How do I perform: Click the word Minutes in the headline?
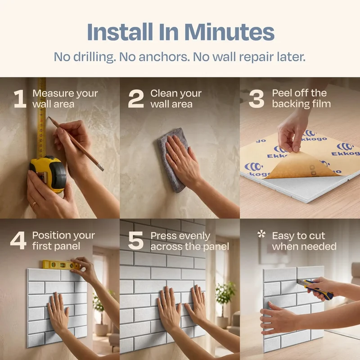[x=229, y=32]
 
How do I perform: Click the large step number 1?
[x=20, y=99]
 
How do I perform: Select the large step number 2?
[x=136, y=99]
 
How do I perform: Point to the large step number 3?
[x=256, y=99]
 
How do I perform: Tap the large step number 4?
[x=18, y=241]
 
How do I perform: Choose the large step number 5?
[x=136, y=241]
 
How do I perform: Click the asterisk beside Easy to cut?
[x=261, y=234]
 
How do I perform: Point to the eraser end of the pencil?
[x=100, y=167]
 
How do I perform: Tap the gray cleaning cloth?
[x=172, y=160]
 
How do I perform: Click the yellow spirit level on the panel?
[x=61, y=265]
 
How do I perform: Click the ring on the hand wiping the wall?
[x=176, y=159]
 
